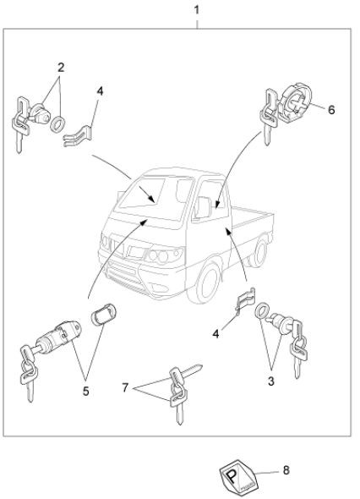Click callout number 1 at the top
point(197,10)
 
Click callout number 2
point(61,68)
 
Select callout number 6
point(331,110)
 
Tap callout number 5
point(86,391)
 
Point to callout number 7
point(125,387)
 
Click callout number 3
point(271,381)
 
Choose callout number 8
point(286,470)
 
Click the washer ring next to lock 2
point(57,124)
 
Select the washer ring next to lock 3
point(261,311)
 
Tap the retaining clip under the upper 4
point(78,136)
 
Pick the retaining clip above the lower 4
point(245,299)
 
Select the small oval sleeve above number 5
point(104,314)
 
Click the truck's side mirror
point(204,207)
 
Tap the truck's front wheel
point(205,282)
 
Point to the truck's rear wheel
point(259,251)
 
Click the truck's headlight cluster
point(161,255)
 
